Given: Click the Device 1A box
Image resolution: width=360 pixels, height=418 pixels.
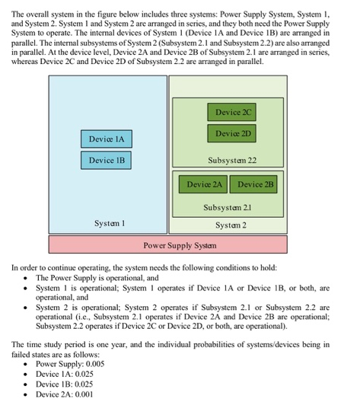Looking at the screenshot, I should point(106,139).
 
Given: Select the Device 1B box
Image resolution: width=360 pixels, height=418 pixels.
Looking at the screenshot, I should point(106,161).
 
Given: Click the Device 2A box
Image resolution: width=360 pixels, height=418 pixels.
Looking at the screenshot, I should point(203,184).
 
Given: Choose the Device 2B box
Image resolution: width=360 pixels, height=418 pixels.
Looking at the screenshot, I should point(256,184).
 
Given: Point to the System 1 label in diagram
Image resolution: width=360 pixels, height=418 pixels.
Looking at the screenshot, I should point(110,224).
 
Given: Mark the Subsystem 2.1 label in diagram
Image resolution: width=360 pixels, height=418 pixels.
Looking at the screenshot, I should point(229,207).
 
